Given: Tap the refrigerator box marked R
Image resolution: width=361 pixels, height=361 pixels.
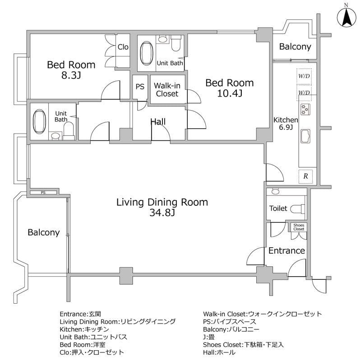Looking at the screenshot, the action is tap(305, 176).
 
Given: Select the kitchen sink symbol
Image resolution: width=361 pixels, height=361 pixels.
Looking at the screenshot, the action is tap(305, 136).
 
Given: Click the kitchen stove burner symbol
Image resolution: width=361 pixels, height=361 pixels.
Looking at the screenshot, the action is tap(305, 109).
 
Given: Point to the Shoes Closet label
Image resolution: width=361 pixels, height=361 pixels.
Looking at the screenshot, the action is tap(299, 227).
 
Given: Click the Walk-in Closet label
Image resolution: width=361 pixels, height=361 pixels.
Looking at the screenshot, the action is tap(167, 89).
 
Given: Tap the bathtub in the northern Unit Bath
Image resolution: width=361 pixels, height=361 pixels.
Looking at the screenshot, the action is tap(146, 53).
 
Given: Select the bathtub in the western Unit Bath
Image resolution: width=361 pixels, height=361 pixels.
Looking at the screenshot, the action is tap(39, 121).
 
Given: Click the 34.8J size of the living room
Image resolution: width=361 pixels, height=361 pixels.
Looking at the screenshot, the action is tap(162, 213).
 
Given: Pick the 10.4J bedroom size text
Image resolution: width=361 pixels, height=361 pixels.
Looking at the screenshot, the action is tap(230, 93).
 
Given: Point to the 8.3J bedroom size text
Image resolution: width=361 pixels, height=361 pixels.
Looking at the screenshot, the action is tap(71, 75).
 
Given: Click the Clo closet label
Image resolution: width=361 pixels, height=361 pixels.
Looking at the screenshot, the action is tap(123, 47).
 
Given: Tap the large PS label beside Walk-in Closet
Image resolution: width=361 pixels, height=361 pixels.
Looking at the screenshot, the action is tap(140, 87).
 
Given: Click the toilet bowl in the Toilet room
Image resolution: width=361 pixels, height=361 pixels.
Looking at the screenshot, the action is tap(297, 209).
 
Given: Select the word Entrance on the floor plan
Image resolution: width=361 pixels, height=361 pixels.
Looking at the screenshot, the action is tap(287, 250).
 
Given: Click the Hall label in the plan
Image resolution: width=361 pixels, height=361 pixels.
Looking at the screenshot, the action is tap(158, 121).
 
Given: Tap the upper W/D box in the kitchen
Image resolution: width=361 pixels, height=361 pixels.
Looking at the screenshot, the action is tap(304, 76).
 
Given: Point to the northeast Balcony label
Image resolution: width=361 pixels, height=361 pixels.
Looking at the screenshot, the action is tap(295, 47).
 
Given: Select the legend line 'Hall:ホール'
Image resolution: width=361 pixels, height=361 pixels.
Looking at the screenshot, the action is tap(219, 352).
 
